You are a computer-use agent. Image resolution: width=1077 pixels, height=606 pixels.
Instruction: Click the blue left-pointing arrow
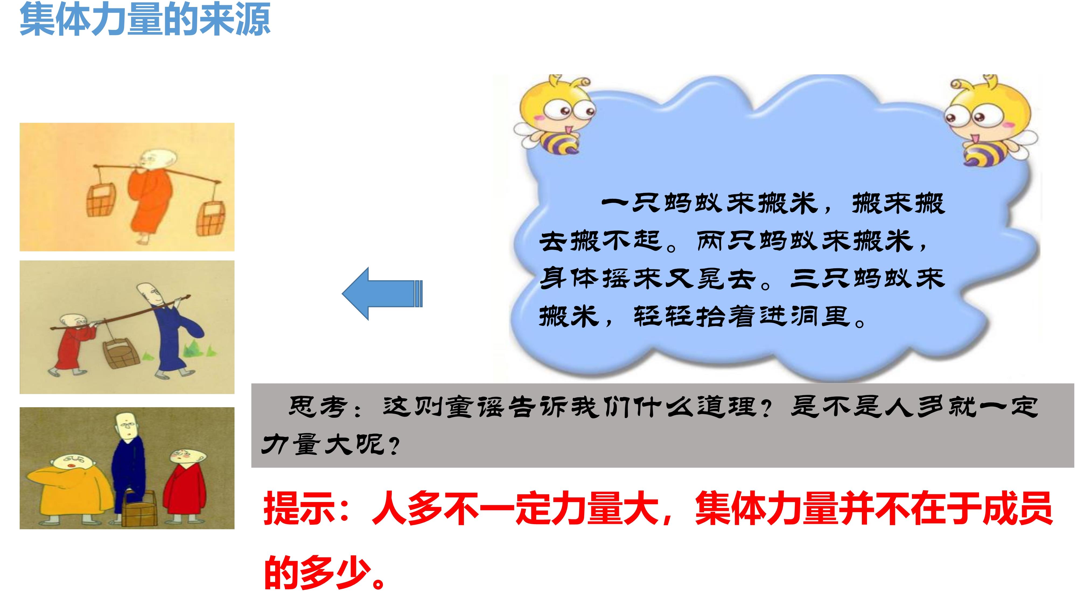pyautogui.click(x=382, y=294)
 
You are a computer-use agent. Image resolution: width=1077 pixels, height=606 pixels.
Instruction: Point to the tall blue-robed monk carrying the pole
pyautogui.click(x=172, y=330)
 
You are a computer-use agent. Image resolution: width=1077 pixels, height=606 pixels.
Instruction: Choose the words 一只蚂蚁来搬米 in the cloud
pyautogui.click(x=709, y=204)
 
